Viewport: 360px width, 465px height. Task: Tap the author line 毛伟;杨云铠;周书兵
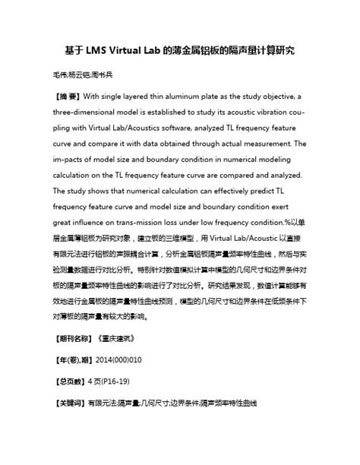(83, 76)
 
